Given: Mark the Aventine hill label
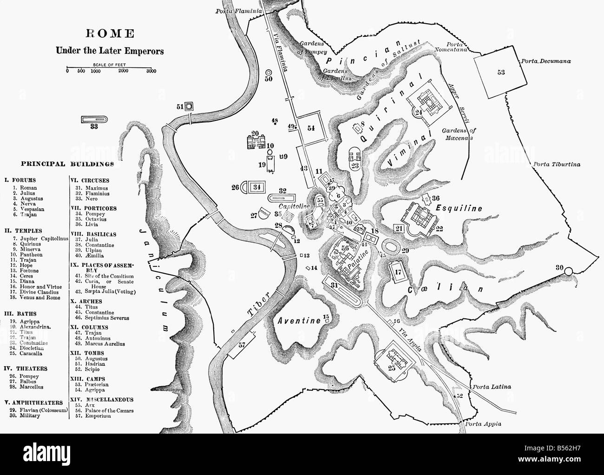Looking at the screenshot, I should pos(299,321).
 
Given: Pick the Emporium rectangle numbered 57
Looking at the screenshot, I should pos(242,345).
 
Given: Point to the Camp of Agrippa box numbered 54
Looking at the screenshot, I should pos(311,128).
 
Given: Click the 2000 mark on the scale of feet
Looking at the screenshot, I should pos(124,71).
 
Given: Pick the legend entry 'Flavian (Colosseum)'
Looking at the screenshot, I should pos(37,409).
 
